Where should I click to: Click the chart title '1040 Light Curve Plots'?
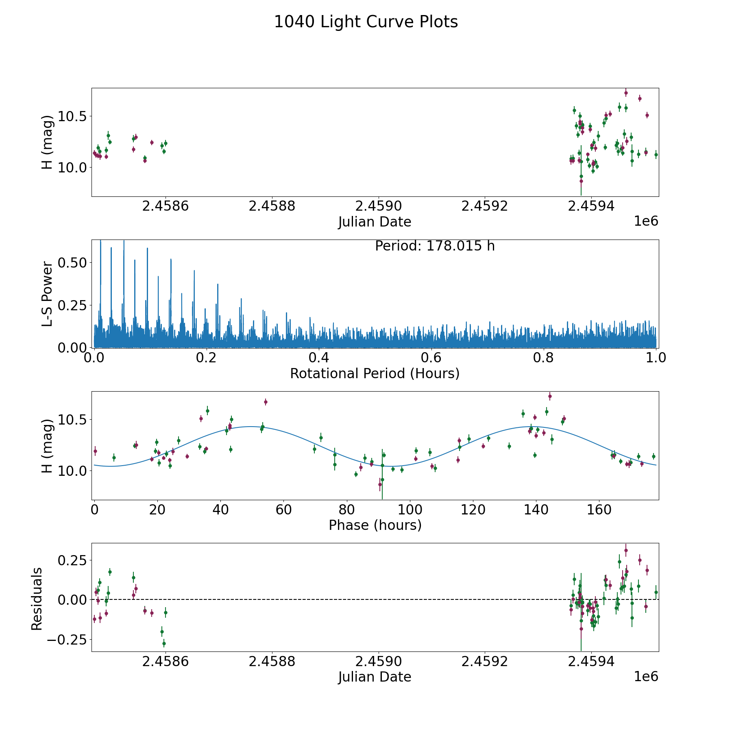point(366,22)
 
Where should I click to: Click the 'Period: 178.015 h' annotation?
point(435,246)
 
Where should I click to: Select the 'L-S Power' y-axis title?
point(48,294)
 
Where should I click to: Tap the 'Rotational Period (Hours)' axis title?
point(375,373)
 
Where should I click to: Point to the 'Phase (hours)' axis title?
point(375,525)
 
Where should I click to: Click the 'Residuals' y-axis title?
point(37,599)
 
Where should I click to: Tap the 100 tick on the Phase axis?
point(410,510)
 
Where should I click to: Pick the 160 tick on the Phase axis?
point(599,510)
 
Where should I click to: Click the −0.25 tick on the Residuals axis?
point(67,639)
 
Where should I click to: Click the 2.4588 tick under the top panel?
point(272,206)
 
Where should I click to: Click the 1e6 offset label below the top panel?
point(646,221)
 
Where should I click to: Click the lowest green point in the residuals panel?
point(164,644)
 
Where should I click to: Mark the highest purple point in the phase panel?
point(550,396)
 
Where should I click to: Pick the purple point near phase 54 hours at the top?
point(266,402)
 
